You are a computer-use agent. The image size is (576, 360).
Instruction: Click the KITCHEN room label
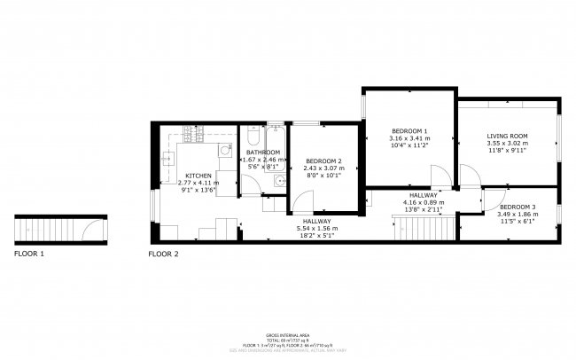pos(198,176)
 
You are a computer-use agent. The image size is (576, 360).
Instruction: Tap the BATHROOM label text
pos(263,153)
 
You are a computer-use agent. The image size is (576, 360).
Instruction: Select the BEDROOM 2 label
pos(324,160)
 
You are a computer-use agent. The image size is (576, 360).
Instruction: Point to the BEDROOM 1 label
pos(409,131)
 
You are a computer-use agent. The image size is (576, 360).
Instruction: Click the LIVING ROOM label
pos(507,136)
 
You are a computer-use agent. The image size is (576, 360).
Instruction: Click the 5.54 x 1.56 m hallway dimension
pos(317,229)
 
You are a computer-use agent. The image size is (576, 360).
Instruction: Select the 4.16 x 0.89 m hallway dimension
pos(424,202)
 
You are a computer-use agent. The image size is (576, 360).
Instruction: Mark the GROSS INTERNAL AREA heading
pos(288,334)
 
